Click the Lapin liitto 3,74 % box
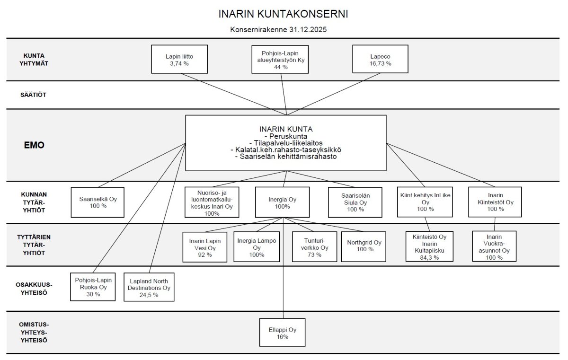click(x=179, y=59)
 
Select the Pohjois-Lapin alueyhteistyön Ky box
click(x=281, y=59)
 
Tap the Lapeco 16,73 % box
click(x=381, y=59)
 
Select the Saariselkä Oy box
click(x=98, y=202)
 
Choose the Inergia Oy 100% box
click(x=282, y=202)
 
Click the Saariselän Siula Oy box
click(x=355, y=202)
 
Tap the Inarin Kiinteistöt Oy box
click(x=495, y=202)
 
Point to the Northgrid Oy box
click(x=364, y=246)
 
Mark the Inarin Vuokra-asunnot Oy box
click(x=494, y=246)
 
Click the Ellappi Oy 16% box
click(x=283, y=333)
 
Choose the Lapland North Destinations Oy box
click(x=149, y=287)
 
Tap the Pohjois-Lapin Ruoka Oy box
click(x=93, y=287)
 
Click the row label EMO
click(x=34, y=145)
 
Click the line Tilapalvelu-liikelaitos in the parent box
click(x=285, y=142)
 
